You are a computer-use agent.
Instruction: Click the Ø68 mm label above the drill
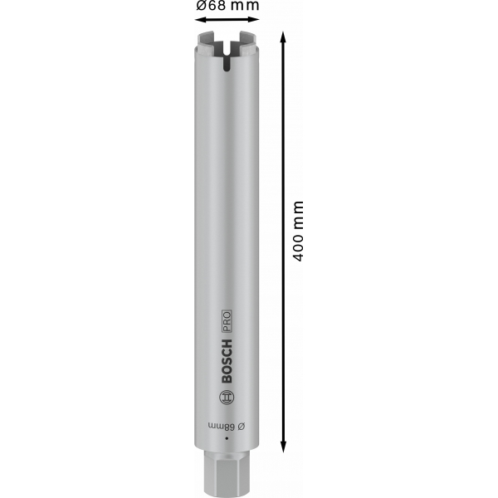(227, 5)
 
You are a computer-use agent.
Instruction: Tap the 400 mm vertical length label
(298, 231)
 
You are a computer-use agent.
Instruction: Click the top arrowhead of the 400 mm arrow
(283, 37)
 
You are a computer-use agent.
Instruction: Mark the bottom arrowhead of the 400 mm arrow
(283, 447)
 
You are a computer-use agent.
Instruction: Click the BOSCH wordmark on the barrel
(227, 361)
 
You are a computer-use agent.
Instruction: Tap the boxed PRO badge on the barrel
(226, 321)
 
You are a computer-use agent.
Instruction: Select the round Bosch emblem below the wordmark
(227, 397)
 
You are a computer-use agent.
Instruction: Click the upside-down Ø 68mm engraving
(227, 427)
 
